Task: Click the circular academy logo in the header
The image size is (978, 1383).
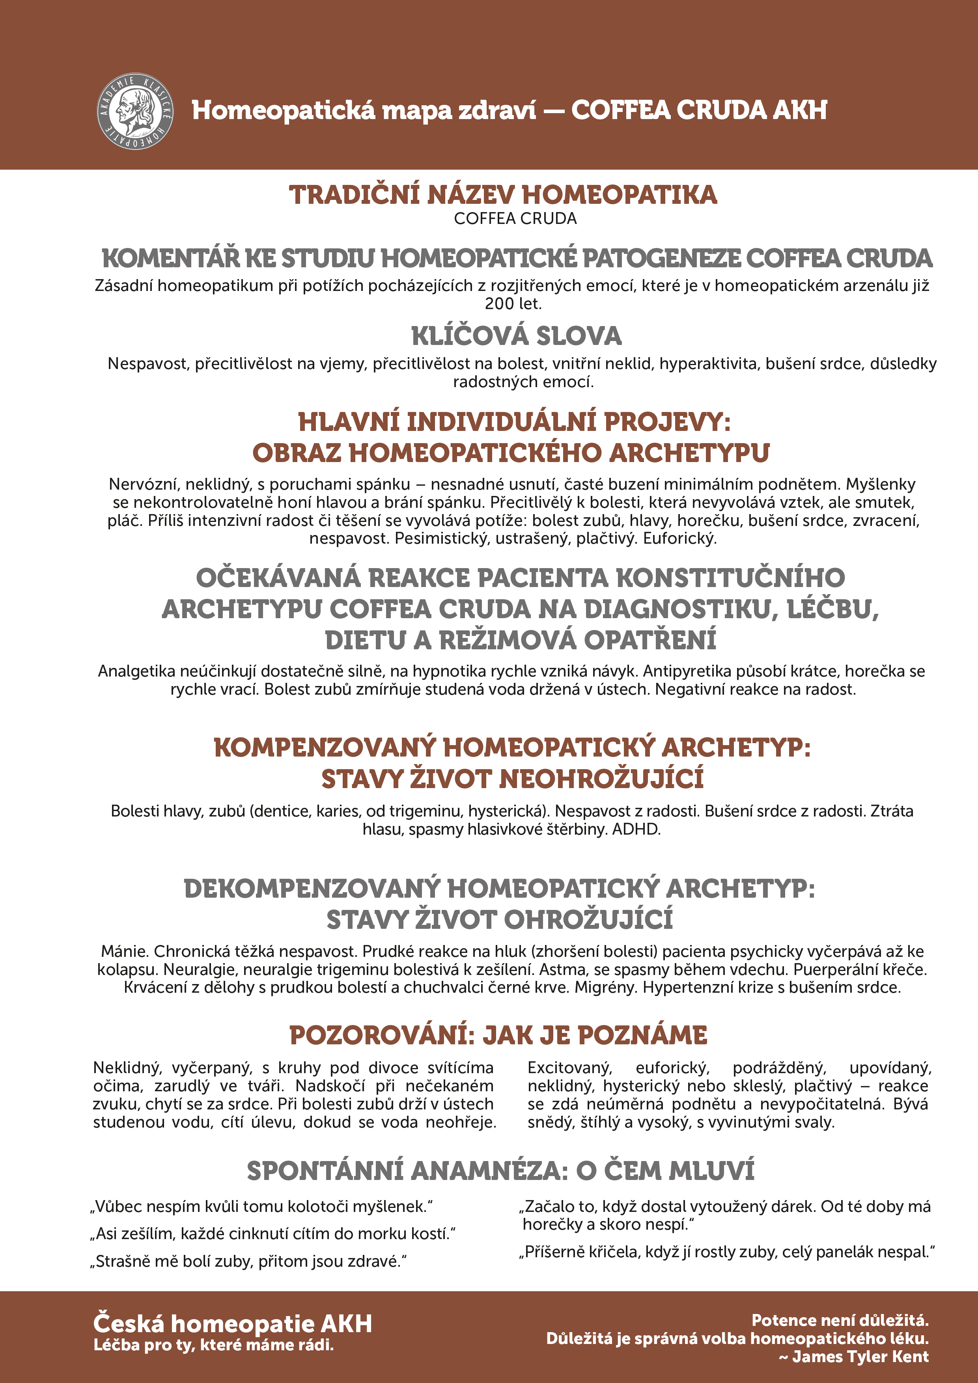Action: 135,112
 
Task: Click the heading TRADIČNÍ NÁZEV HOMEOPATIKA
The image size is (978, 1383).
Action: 503,195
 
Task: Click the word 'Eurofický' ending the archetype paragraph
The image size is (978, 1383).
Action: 679,539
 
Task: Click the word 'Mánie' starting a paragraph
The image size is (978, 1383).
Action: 125,951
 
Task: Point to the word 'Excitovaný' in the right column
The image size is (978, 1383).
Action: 569,1068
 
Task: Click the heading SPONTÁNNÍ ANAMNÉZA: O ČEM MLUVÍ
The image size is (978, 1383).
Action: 500,1171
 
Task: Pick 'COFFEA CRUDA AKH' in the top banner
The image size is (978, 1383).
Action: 699,110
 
